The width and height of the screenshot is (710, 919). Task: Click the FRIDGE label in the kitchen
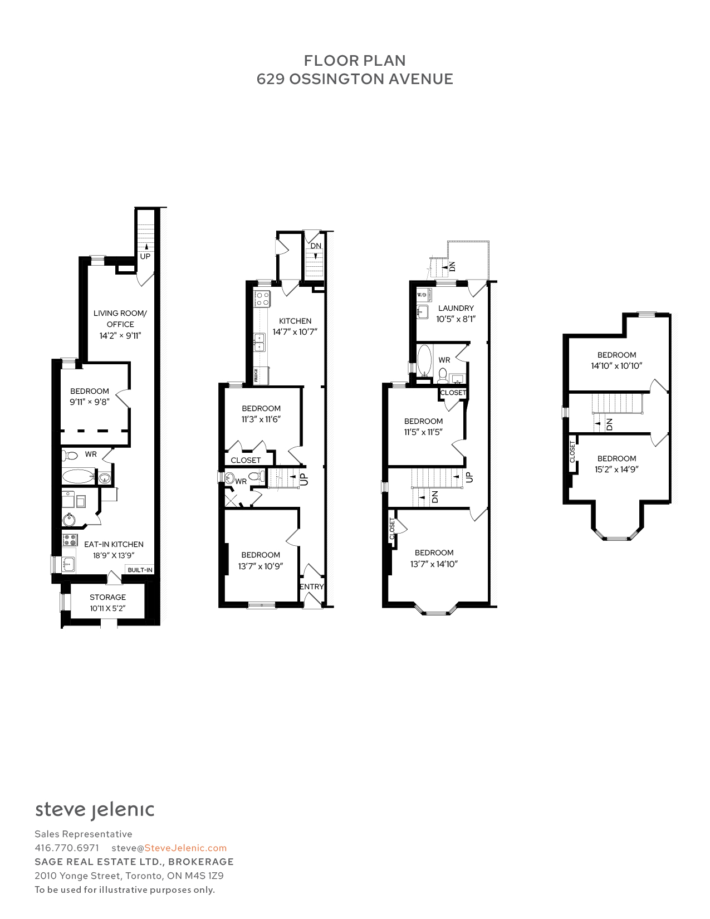[x=256, y=375]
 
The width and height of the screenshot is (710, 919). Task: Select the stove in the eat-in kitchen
[x=70, y=540]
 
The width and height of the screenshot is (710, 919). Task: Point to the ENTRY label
[x=311, y=586]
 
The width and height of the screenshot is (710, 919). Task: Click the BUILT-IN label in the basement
[x=140, y=570]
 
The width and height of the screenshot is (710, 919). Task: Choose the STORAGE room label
[x=108, y=597]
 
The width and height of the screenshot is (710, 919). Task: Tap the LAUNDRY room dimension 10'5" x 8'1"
[x=456, y=319]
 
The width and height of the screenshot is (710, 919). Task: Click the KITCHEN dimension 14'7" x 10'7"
[x=295, y=332]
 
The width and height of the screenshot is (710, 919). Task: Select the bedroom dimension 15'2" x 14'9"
[x=616, y=469]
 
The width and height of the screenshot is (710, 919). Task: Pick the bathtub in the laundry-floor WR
[x=424, y=360]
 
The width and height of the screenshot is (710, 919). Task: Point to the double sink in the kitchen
[x=259, y=343]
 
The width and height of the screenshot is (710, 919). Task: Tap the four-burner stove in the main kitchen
[x=262, y=299]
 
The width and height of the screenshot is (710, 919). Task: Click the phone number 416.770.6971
[x=67, y=848]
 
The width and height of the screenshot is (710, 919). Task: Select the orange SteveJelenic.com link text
[x=185, y=848]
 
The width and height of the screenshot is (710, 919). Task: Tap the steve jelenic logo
[x=95, y=810]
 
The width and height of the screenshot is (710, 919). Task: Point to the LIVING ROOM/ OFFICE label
[x=120, y=319]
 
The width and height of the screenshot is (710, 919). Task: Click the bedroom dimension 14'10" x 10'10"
[x=616, y=366]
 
